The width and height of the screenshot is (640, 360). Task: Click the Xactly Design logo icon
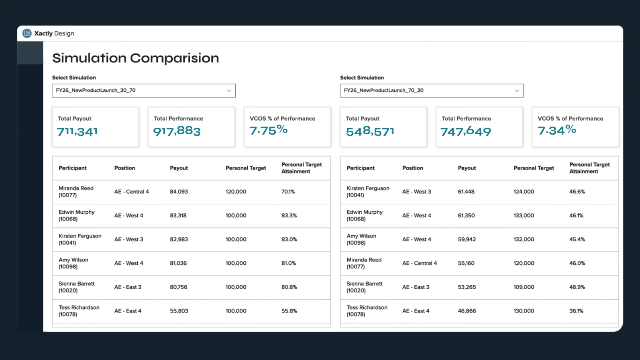(x=27, y=33)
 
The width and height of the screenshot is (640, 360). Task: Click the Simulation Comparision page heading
(x=136, y=58)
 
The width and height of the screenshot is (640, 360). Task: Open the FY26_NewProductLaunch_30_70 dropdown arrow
(x=229, y=91)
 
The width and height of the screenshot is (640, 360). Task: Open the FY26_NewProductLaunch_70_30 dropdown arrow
(x=517, y=91)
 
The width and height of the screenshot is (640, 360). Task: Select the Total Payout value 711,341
(x=77, y=131)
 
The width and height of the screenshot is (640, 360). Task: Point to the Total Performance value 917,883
(x=177, y=131)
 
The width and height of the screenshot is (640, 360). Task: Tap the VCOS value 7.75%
(x=269, y=130)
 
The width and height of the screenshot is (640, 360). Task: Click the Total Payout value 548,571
(x=370, y=131)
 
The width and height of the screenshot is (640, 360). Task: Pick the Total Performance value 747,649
(x=466, y=131)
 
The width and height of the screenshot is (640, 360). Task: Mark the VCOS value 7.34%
(x=557, y=130)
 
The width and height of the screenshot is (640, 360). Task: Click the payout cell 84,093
(x=179, y=192)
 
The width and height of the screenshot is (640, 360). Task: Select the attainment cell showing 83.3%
(x=289, y=216)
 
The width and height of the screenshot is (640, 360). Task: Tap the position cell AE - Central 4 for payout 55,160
(x=420, y=263)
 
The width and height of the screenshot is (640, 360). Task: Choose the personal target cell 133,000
(x=524, y=216)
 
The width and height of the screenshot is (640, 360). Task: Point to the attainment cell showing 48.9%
(x=577, y=287)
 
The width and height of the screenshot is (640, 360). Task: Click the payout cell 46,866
(x=467, y=311)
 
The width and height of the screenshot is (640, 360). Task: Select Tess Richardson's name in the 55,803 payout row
(x=79, y=307)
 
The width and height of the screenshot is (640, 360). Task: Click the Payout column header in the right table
(x=467, y=168)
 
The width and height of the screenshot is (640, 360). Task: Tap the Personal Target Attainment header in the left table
(x=302, y=168)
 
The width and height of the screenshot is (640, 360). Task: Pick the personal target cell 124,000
(x=524, y=192)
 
